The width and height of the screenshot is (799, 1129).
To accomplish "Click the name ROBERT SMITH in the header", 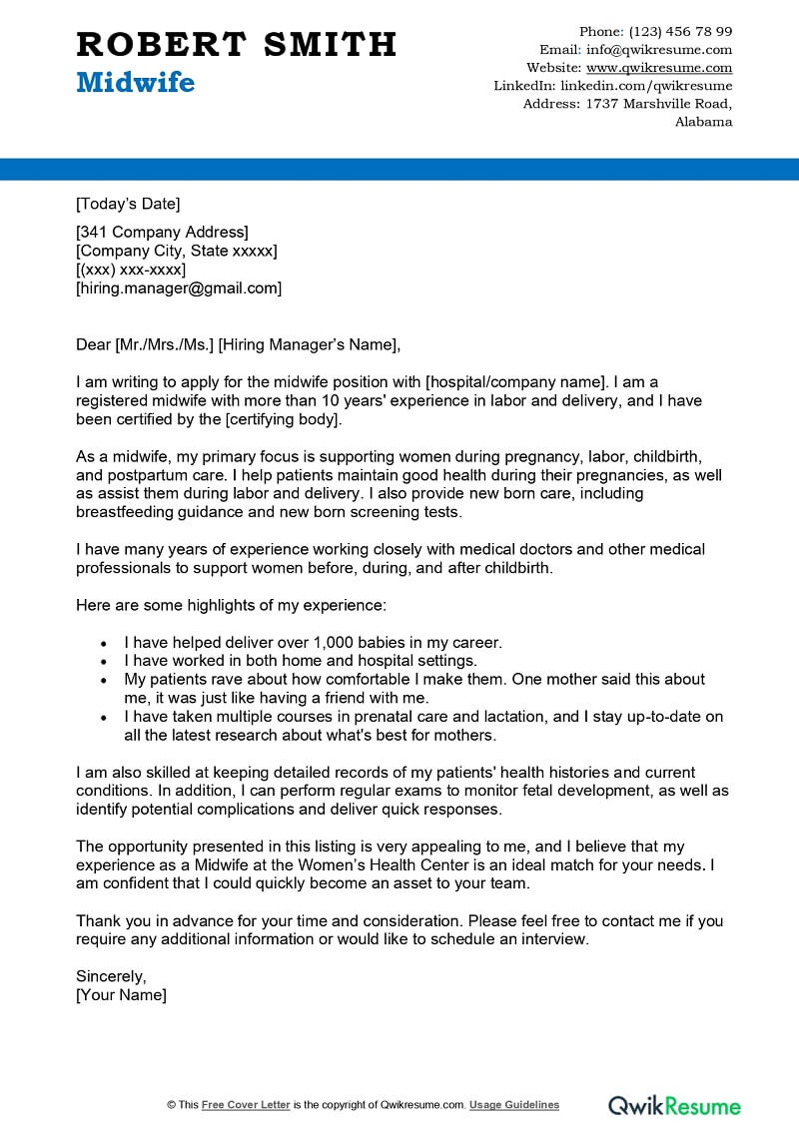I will [x=236, y=45].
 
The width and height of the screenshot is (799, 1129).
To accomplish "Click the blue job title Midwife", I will [x=135, y=83].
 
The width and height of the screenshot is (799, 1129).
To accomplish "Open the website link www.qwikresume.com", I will [x=659, y=68].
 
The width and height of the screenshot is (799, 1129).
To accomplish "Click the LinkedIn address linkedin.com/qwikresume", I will [x=646, y=86].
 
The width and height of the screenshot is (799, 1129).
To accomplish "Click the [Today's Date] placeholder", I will [x=128, y=205].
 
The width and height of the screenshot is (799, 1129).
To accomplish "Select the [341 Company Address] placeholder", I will [x=162, y=233].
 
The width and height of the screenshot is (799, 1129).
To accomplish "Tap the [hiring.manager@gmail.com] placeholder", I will [x=179, y=288].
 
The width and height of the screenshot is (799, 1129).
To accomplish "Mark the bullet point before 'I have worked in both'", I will [x=105, y=661].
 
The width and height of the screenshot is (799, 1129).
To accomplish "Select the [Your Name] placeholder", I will [x=121, y=995].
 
